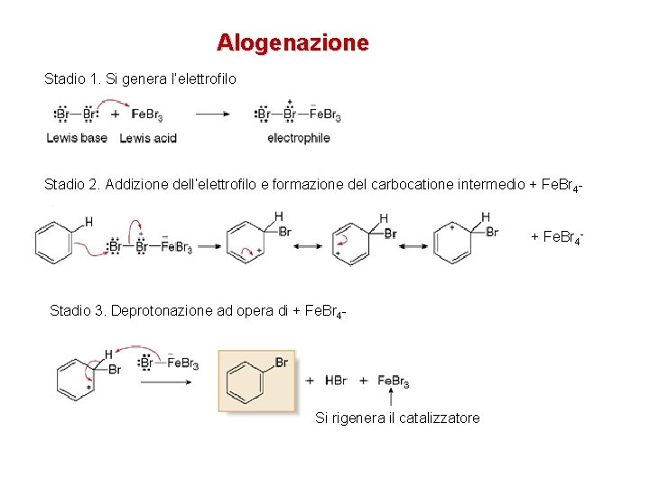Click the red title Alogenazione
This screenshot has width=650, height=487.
tap(292, 42)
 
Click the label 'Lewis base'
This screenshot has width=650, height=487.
tap(77, 138)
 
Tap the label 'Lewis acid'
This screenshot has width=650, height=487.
tap(147, 138)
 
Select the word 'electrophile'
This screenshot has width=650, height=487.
tap(298, 138)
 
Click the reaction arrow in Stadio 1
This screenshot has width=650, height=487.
tap(213, 115)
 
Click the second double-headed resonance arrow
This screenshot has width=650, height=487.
tap(414, 245)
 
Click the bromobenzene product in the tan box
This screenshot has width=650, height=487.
tap(253, 381)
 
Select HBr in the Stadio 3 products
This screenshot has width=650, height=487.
tap(336, 381)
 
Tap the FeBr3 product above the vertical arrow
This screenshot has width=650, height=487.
tap(393, 381)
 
